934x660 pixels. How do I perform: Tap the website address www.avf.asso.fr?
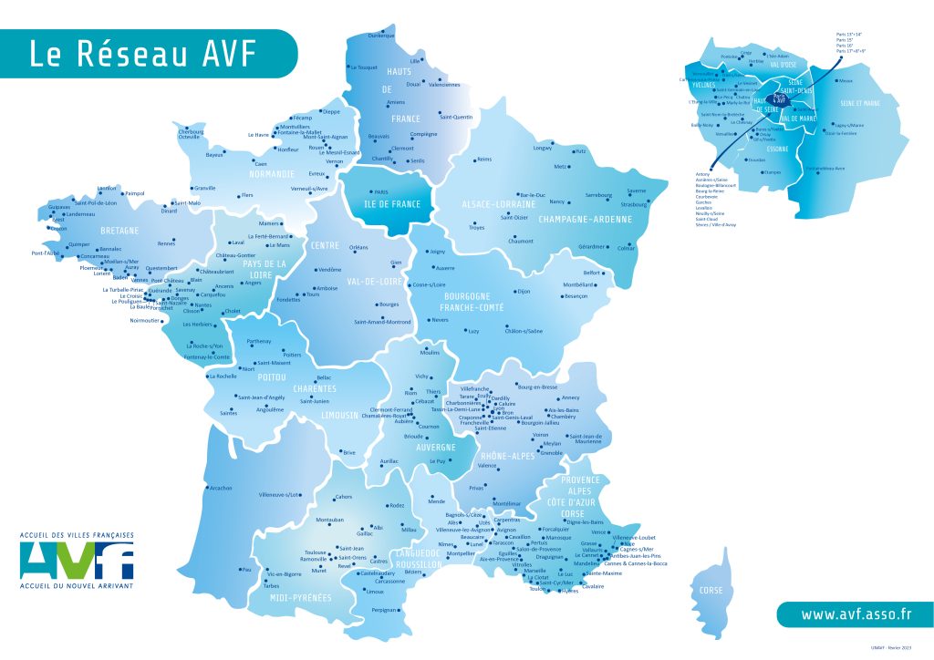[x=856, y=614]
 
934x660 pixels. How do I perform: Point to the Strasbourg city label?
[x=632, y=204]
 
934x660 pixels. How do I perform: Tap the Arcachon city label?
[x=220, y=488]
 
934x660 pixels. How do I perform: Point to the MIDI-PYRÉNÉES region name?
[x=294, y=598]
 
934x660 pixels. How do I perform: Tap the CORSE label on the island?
[x=711, y=591]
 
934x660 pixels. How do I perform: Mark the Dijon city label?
[x=523, y=292]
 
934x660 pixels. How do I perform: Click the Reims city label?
[x=483, y=160]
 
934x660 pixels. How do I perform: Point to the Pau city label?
[x=245, y=569]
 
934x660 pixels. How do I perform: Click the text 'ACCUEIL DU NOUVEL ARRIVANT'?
[x=76, y=585]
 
